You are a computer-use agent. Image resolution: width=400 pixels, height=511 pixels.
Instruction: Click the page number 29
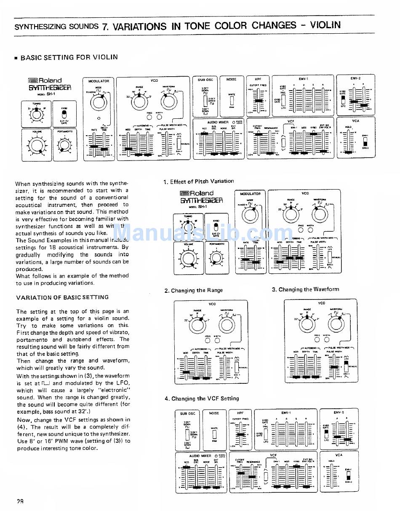coord(20,501)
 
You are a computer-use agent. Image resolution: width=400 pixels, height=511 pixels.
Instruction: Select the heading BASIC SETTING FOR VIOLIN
coord(69,57)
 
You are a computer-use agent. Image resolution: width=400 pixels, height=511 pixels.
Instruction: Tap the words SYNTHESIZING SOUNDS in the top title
coord(56,27)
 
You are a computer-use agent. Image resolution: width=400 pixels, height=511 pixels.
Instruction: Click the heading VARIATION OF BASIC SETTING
coord(62,297)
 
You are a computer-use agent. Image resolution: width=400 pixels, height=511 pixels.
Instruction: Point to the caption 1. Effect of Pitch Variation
coord(199,182)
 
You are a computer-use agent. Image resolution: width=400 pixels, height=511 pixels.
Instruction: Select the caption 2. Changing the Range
coord(194,290)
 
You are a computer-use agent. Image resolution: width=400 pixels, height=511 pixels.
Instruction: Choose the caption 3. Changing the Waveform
coord(305,289)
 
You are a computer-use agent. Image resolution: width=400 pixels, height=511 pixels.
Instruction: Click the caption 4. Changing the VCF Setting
coord(202,399)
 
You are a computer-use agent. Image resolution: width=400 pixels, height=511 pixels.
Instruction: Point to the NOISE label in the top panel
coord(232,79)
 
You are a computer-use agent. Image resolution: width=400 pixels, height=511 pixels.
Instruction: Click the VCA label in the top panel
coord(356,120)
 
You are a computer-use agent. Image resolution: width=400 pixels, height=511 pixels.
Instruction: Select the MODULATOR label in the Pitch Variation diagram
coord(251,194)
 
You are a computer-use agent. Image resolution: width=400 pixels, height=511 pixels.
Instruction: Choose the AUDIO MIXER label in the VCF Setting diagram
coord(200,456)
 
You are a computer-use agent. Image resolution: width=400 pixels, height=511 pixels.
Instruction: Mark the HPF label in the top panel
coord(258,79)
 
